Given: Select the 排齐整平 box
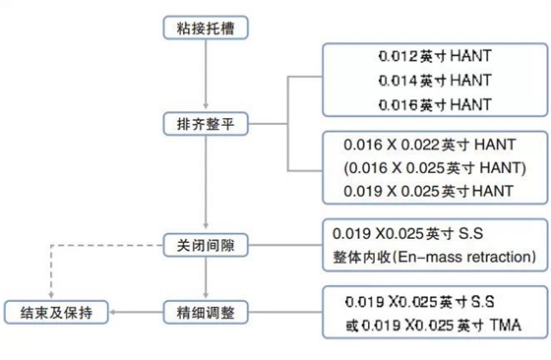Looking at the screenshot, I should [204, 125].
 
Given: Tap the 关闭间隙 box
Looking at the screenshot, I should [204, 243].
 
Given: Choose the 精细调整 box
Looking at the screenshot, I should [204, 313].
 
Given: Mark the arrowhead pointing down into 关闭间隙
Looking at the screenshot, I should [204, 227].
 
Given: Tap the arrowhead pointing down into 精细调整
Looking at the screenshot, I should [204, 297].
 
